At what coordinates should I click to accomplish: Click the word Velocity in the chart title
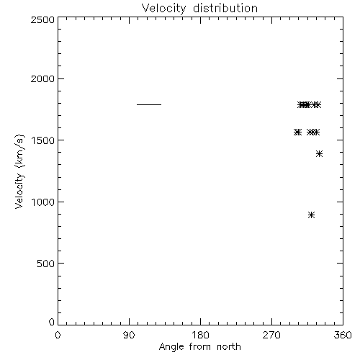(x=164, y=9)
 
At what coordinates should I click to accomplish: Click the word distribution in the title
(x=225, y=8)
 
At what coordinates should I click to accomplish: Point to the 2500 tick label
(x=42, y=19)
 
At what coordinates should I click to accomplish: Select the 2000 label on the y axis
(x=42, y=78)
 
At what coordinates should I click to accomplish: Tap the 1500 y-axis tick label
(x=43, y=140)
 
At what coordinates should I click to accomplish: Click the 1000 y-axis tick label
(x=43, y=202)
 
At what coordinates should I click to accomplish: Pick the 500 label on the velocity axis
(x=46, y=264)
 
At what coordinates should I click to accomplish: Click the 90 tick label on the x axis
(x=129, y=335)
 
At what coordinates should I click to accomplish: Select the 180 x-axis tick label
(x=200, y=335)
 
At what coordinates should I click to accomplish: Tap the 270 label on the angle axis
(x=271, y=335)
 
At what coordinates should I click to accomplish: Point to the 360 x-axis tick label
(x=343, y=335)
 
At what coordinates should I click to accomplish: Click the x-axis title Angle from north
(x=200, y=347)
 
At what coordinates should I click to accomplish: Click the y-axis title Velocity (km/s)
(x=19, y=171)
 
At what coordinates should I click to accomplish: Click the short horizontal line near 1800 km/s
(x=149, y=104)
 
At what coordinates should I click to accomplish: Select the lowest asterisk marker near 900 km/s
(x=311, y=215)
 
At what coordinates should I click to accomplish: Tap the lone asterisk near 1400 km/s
(x=319, y=153)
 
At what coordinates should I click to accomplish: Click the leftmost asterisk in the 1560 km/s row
(x=297, y=132)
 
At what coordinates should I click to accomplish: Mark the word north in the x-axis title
(x=229, y=347)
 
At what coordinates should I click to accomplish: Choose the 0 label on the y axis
(x=52, y=322)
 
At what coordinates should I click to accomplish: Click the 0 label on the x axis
(x=58, y=335)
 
